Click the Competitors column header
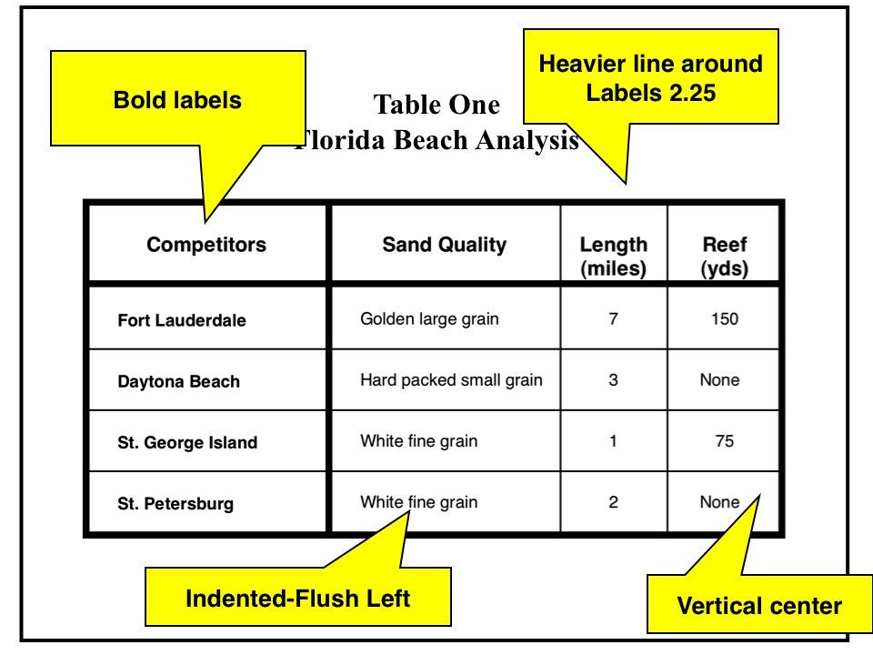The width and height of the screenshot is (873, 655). click(206, 244)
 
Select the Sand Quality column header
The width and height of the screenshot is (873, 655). click(444, 244)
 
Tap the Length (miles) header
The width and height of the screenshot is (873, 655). click(614, 257)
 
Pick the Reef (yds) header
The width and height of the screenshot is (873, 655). click(725, 257)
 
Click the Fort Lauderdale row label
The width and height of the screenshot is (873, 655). click(182, 320)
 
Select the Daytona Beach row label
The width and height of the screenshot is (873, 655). click(179, 382)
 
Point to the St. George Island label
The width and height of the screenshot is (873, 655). click(187, 444)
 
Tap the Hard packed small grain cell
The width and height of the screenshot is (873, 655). click(451, 380)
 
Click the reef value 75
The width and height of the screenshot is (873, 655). click(725, 442)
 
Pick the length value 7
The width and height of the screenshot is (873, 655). click(614, 318)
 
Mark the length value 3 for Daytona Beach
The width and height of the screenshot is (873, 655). click(614, 380)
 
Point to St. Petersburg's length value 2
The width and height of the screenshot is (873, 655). click(614, 500)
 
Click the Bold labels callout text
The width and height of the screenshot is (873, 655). click(177, 100)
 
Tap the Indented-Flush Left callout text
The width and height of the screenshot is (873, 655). click(298, 599)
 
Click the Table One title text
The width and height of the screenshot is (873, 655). click(436, 106)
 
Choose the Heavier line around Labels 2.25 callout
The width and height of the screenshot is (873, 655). click(650, 78)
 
